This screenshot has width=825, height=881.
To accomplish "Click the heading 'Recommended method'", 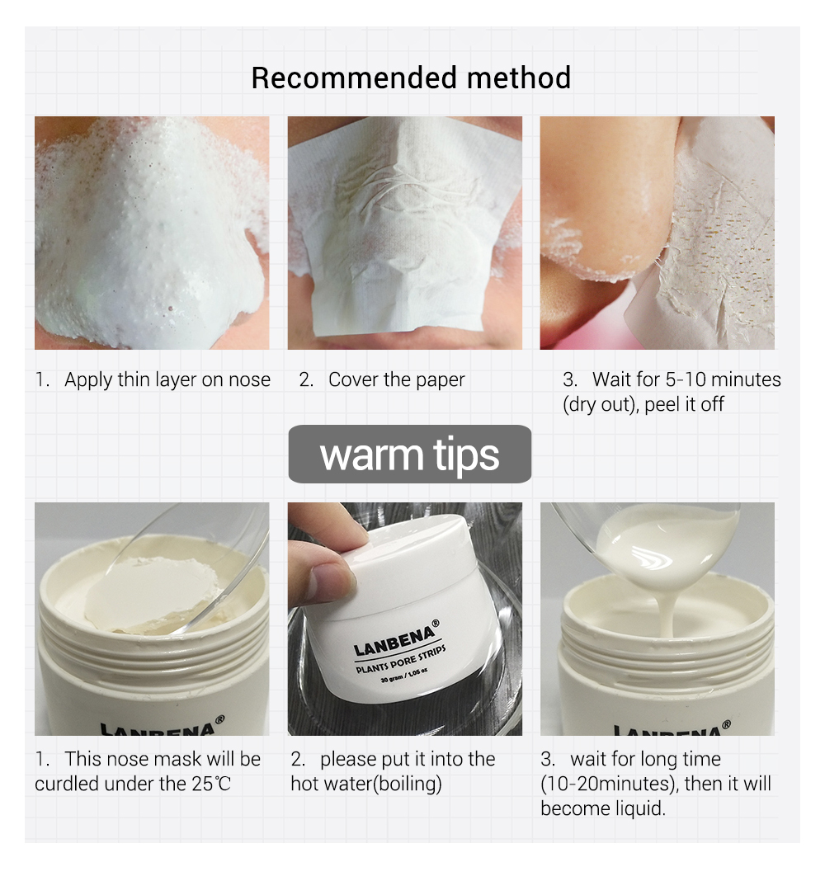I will click(x=411, y=78).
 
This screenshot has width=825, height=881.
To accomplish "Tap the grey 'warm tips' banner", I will click(x=409, y=455).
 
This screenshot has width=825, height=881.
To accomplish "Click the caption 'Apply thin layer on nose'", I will click(x=167, y=380).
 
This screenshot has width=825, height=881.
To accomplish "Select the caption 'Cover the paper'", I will click(x=396, y=380).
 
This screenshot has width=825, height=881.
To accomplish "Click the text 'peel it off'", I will click(x=684, y=405).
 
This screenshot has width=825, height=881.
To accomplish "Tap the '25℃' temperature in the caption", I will click(x=212, y=784).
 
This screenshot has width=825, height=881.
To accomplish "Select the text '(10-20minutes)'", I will click(x=609, y=784).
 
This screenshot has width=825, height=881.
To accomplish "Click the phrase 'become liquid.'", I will click(x=602, y=808).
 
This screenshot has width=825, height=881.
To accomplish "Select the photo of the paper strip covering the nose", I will click(x=404, y=233).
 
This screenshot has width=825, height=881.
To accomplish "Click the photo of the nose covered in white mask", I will click(x=152, y=233).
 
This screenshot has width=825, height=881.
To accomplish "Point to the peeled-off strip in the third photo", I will click(x=709, y=247).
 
